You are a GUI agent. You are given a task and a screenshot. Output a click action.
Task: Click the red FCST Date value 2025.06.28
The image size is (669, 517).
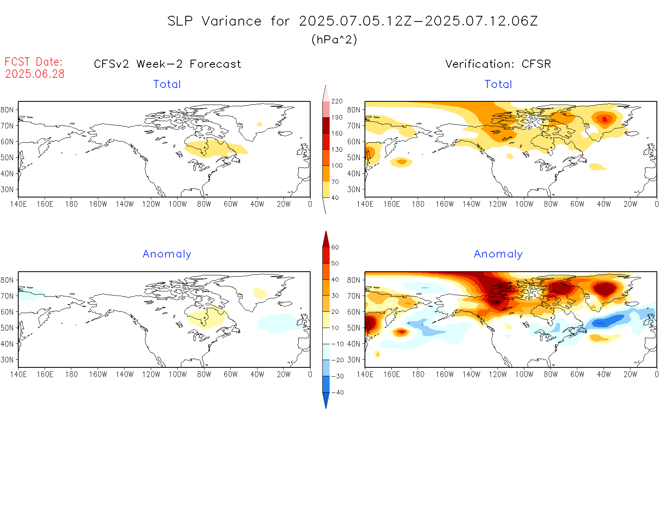click(x=35, y=74)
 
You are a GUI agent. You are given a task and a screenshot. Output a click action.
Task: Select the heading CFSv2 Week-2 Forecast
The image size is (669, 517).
click(x=167, y=64)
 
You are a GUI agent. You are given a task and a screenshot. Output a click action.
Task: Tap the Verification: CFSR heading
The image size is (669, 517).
click(x=498, y=64)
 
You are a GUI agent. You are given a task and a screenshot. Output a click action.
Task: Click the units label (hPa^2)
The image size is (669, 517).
click(x=334, y=39)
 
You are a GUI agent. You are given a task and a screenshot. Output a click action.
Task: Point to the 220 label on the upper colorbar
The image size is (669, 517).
click(x=337, y=101)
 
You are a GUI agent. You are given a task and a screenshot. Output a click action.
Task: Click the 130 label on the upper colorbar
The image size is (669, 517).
click(x=337, y=150)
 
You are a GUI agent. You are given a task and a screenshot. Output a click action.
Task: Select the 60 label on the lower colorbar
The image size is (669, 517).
click(x=335, y=247)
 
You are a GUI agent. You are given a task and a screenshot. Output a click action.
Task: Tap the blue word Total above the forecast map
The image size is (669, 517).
click(x=167, y=84)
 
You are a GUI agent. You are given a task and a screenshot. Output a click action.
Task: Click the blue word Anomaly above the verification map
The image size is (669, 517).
click(x=498, y=254)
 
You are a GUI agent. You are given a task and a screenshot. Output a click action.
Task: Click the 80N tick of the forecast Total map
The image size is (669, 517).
click(x=7, y=110)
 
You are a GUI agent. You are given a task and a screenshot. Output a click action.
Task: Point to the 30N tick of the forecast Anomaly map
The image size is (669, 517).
click(x=7, y=360)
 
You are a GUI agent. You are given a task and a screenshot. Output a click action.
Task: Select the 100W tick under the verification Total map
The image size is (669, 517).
click(x=524, y=204)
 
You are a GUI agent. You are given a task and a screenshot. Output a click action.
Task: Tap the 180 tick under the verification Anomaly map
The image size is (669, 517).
click(x=418, y=375)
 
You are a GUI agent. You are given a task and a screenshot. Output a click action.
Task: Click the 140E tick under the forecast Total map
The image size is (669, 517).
click(x=18, y=204)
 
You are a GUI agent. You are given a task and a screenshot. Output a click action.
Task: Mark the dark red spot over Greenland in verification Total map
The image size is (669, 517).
click(x=605, y=119)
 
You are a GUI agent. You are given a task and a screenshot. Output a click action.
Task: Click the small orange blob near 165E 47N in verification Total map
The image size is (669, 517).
click(x=401, y=162)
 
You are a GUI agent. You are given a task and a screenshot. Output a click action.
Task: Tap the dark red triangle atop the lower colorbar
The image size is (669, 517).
click(x=326, y=239)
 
